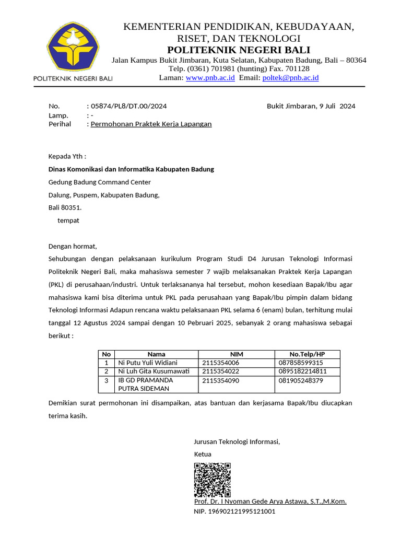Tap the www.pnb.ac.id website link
[210, 78]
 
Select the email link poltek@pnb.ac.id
[290, 78]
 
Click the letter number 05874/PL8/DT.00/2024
[128, 106]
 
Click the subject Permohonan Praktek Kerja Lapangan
[151, 124]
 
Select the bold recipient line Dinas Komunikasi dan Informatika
[131, 169]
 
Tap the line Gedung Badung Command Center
[99, 182]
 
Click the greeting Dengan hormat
[73, 246]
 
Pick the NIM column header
[237, 354]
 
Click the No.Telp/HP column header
[307, 354]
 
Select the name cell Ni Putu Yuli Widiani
[148, 363]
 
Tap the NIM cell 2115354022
[220, 371]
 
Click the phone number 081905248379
[301, 380]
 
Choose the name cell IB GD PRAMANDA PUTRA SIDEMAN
[145, 385]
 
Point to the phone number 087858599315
[301, 363]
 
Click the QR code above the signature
[213, 480]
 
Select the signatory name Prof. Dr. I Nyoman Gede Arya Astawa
[270, 502]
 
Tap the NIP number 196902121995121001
[234, 511]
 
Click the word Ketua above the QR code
[203, 455]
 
